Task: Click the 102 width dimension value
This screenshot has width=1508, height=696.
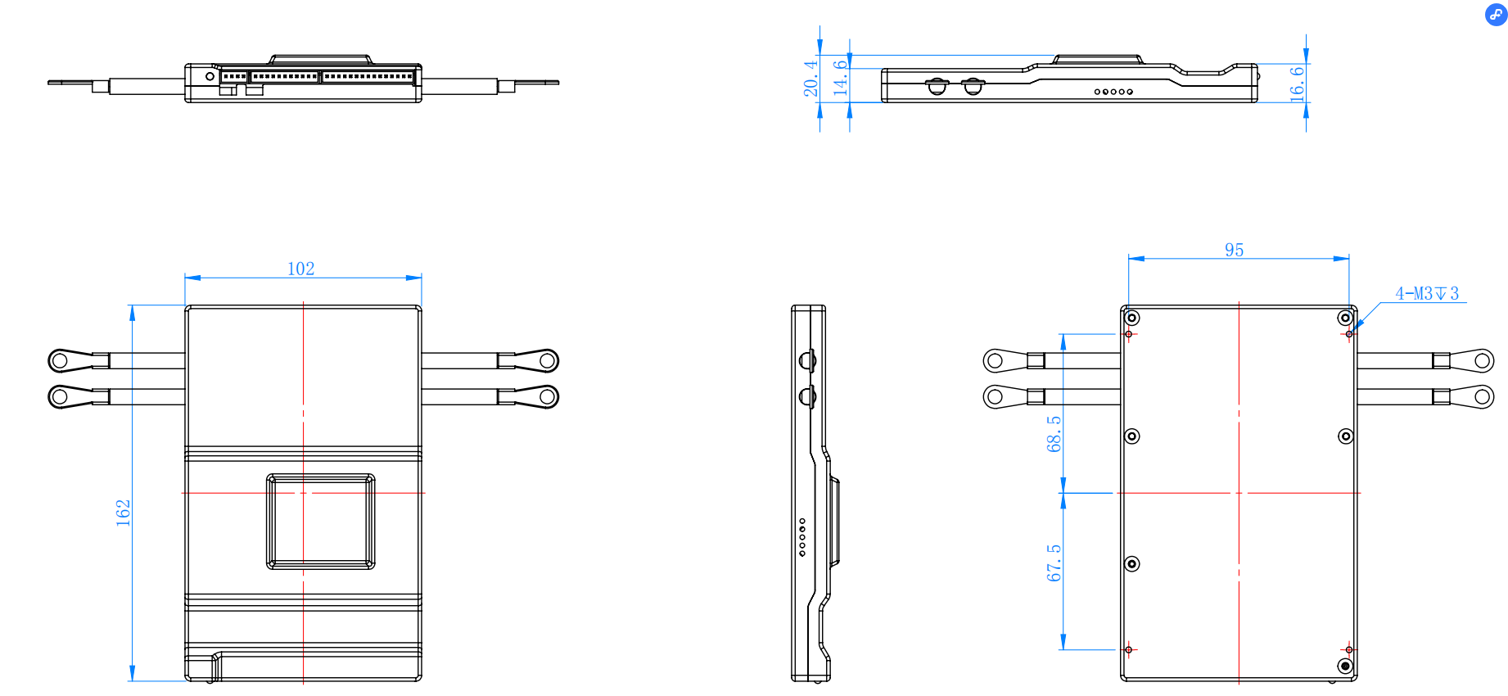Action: coord(300,269)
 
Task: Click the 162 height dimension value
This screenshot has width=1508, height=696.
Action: coord(123,513)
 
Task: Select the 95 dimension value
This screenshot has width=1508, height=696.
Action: coord(1234,250)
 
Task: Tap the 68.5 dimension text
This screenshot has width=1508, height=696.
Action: coord(1054,433)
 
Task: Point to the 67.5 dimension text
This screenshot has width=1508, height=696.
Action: coord(1054,563)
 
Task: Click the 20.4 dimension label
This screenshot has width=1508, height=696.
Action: coord(810,78)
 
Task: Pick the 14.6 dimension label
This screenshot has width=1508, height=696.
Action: coord(840,78)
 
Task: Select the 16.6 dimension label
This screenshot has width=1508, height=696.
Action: coord(1297,84)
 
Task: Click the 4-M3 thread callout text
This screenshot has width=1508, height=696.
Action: coord(1426,293)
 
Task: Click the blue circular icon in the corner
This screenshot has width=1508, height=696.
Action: coord(1495,14)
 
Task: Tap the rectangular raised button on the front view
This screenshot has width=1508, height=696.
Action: coord(321,521)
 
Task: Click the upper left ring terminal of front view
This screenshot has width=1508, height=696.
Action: coord(59,360)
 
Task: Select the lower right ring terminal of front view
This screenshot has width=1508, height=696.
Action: coord(548,397)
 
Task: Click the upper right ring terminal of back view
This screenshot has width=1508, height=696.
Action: coord(1483,360)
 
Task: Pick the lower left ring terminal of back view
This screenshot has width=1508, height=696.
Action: coord(995,397)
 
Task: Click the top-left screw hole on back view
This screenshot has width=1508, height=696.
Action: coord(1132,318)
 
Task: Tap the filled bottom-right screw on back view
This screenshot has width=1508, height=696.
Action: coord(1345,667)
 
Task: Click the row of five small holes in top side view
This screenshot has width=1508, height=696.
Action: coord(1113,92)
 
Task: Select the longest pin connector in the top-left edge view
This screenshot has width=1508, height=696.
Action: coord(368,76)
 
